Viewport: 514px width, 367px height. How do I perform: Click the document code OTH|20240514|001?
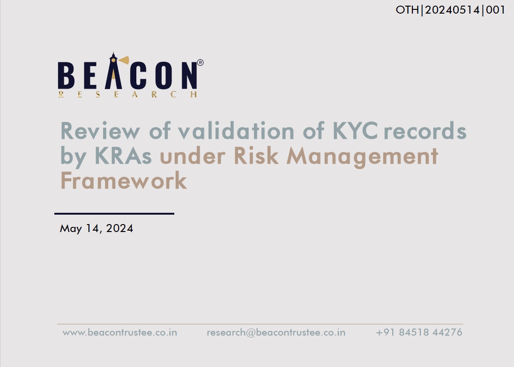pyautogui.click(x=450, y=10)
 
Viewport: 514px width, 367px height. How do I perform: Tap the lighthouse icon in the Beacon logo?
pyautogui.click(x=114, y=71)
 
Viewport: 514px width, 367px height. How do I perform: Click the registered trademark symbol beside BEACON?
pyautogui.click(x=200, y=62)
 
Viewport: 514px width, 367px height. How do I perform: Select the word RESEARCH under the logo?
pyautogui.click(x=127, y=95)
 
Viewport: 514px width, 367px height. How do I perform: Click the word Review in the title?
pyautogui.click(x=100, y=131)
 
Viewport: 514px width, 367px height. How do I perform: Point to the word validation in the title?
pyautogui.click(x=236, y=130)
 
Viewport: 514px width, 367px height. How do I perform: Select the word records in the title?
pyautogui.click(x=425, y=131)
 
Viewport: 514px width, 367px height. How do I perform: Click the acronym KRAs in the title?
pyautogui.click(x=123, y=156)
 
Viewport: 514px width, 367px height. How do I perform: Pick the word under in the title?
pyautogui.click(x=193, y=156)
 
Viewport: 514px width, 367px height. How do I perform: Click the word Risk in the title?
pyautogui.click(x=256, y=156)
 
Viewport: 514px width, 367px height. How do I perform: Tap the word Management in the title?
pyautogui.click(x=362, y=157)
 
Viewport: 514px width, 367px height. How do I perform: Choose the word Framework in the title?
pyautogui.click(x=124, y=180)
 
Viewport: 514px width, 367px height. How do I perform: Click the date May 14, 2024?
pyautogui.click(x=97, y=229)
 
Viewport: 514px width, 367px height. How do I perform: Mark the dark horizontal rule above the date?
pyautogui.click(x=114, y=214)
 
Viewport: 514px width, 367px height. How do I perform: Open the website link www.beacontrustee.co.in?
pyautogui.click(x=119, y=333)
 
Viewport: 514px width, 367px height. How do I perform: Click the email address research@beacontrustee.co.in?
pyautogui.click(x=276, y=333)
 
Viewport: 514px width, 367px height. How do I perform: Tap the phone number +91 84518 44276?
pyautogui.click(x=419, y=332)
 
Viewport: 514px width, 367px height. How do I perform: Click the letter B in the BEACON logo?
pyautogui.click(x=66, y=75)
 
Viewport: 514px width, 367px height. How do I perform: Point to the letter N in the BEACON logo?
pyautogui.click(x=189, y=75)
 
